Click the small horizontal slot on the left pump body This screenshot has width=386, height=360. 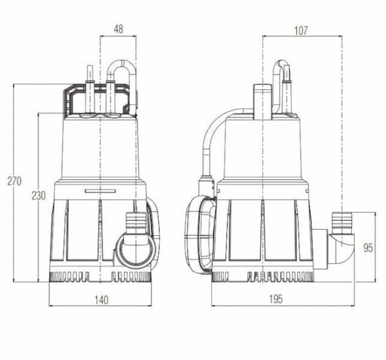[100, 190]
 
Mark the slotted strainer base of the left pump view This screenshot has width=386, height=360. [100, 278]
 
